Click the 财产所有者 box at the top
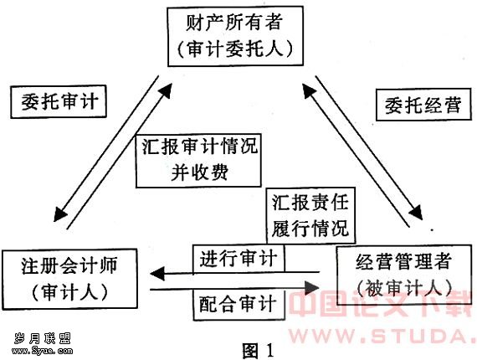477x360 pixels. (x=235, y=36)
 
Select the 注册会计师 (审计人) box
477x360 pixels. (x=69, y=279)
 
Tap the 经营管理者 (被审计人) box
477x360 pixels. (x=404, y=275)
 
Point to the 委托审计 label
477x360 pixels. (x=59, y=101)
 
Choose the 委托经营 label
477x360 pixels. (x=423, y=105)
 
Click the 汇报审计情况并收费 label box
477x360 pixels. (x=198, y=161)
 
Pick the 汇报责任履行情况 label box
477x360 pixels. (x=310, y=216)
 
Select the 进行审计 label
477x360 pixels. (x=238, y=259)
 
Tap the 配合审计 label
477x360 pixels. (x=239, y=305)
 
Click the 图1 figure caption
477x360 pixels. (x=258, y=350)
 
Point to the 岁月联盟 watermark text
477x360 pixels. (x=43, y=338)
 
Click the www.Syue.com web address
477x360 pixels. (x=43, y=351)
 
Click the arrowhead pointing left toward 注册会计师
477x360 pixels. (x=157, y=274)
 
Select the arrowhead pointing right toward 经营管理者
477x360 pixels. (x=312, y=288)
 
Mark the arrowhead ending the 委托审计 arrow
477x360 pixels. (x=60, y=214)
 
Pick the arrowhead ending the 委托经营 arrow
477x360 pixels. (x=416, y=212)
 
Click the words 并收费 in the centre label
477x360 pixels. (x=199, y=173)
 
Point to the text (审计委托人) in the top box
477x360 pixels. (x=235, y=49)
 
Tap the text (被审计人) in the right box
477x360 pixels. (x=404, y=288)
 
